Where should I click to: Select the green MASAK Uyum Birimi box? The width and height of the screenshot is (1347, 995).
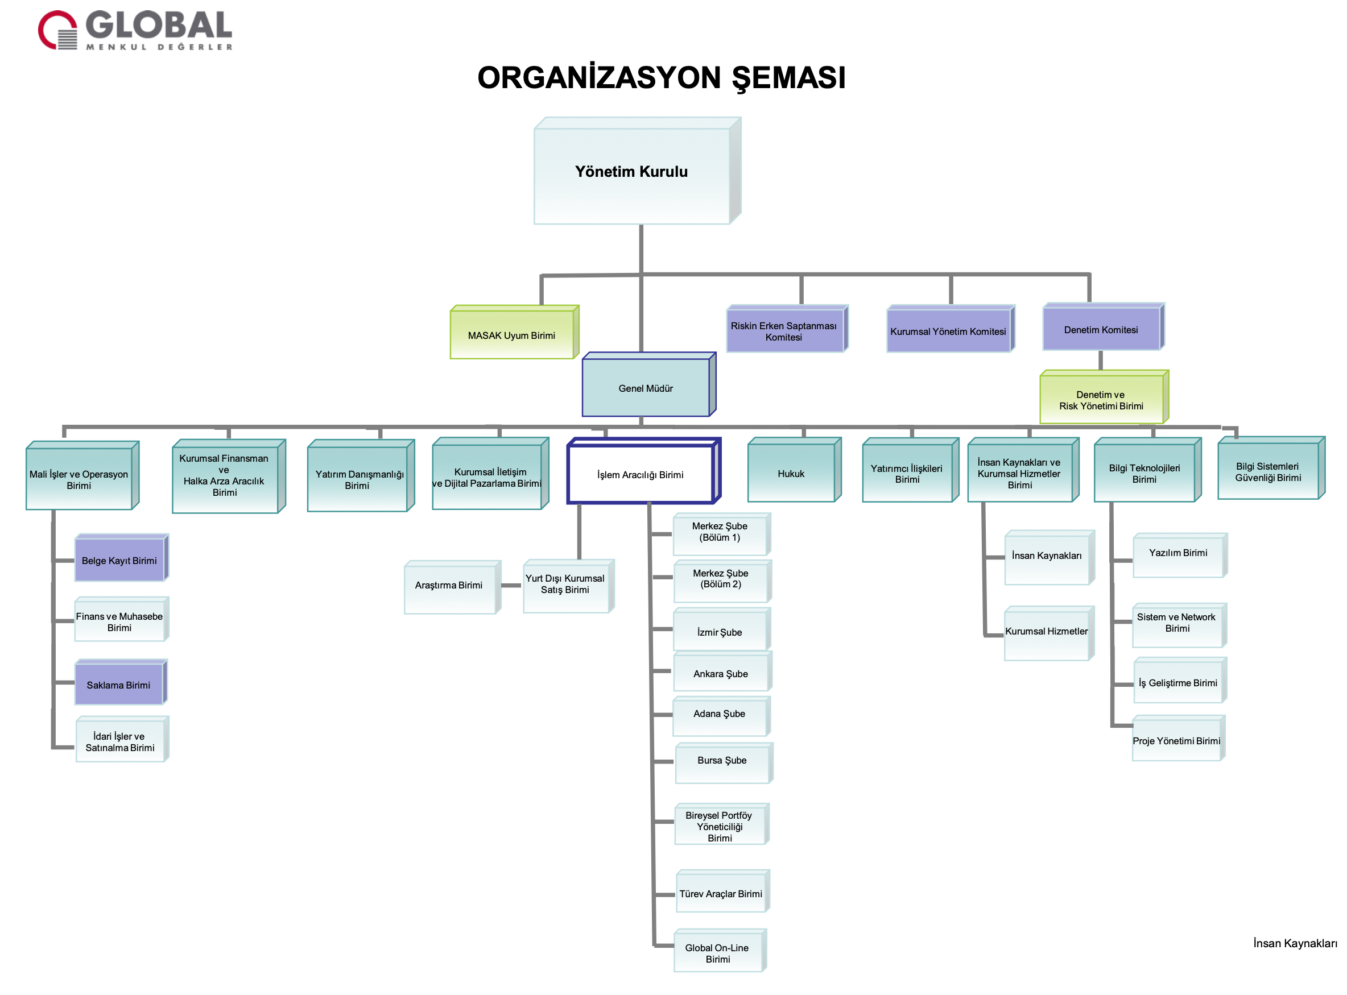(512, 335)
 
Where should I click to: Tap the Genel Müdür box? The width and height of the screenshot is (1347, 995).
(646, 388)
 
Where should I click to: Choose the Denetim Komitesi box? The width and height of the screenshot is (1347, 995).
(1102, 329)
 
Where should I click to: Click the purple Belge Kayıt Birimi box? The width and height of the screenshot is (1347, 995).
(119, 561)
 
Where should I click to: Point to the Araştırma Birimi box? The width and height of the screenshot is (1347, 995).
(449, 586)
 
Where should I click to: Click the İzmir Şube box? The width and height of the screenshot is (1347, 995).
(721, 632)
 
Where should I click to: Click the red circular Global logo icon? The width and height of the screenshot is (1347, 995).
(58, 30)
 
